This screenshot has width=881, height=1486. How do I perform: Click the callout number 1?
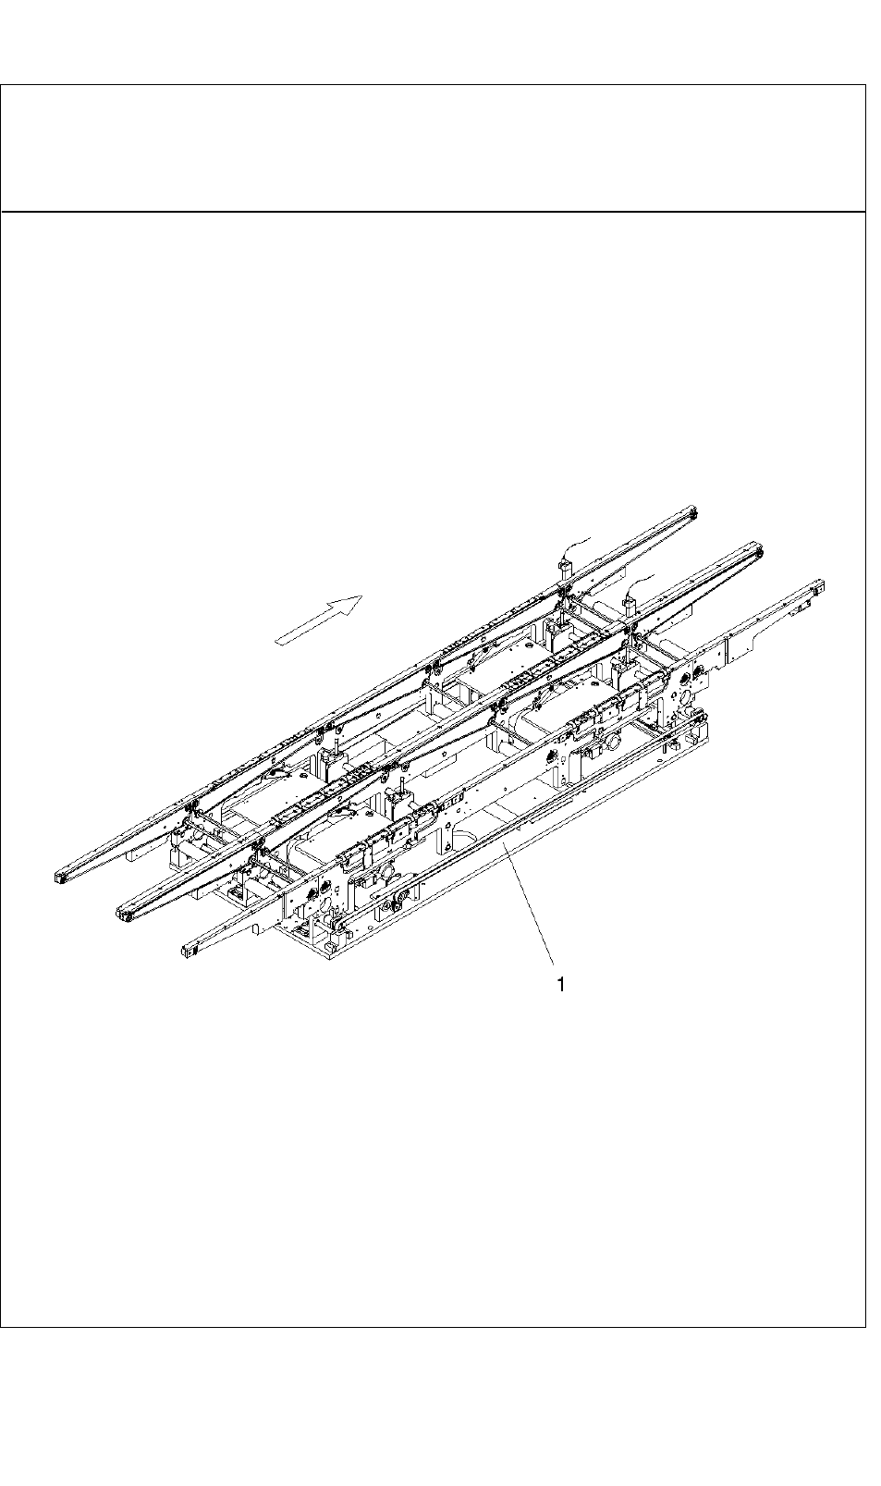coord(560,985)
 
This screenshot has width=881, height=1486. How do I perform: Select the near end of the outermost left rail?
coord(60,875)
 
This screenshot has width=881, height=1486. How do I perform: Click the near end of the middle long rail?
coord(124,915)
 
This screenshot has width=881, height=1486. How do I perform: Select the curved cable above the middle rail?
coord(640,583)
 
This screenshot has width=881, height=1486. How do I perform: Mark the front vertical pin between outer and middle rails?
coord(339,739)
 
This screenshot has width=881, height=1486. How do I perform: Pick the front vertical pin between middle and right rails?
coord(403,776)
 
